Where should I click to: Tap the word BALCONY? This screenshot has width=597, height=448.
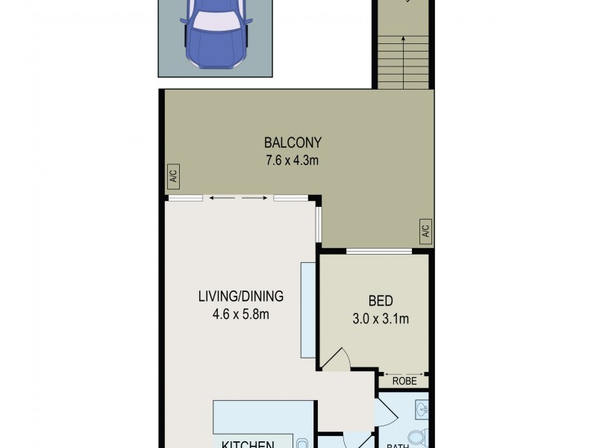pos(293,143)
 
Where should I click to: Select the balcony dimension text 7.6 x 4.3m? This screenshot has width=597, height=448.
pos(293,161)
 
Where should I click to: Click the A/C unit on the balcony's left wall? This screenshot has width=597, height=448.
pos(172,177)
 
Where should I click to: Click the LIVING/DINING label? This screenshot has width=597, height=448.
pos(240,296)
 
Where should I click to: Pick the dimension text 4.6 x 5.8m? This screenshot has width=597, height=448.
pos(240,314)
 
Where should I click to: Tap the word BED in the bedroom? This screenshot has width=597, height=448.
pos(381,301)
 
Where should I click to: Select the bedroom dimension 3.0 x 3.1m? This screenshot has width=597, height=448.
pos(381,319)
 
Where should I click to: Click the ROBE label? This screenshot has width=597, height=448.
pos(405,381)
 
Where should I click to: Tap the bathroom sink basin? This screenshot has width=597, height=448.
pos(421,409)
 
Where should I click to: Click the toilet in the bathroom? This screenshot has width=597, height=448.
pos(419,437)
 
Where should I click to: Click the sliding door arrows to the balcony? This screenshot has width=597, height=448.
pos(238,198)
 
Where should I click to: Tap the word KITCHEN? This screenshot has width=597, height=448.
pos(247,444)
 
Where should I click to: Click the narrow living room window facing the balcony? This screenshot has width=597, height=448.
pos(319,225)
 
